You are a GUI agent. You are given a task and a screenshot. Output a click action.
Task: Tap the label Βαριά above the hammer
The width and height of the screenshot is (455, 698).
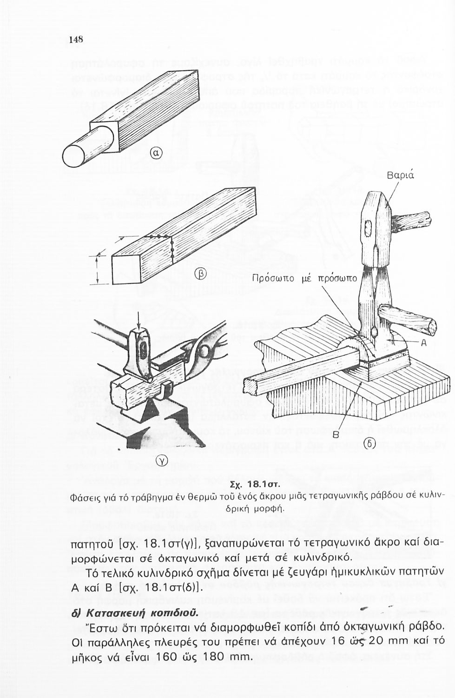tap(401, 176)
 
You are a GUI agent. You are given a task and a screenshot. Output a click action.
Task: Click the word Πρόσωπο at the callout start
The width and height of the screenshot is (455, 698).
tap(270, 279)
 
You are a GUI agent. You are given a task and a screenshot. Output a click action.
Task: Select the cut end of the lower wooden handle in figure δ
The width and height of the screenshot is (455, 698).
tap(430, 325)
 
